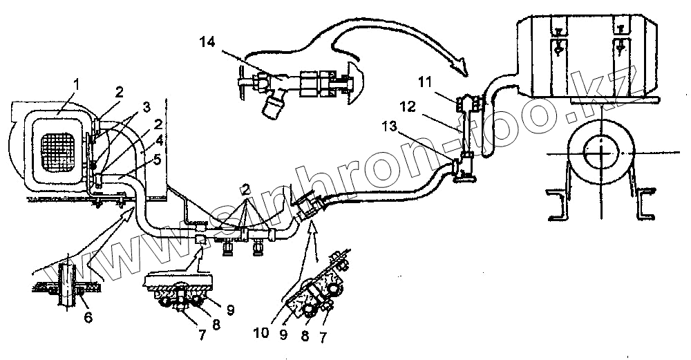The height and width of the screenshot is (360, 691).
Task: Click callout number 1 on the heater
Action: click(77, 84)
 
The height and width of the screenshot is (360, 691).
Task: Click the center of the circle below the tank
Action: click(601, 151)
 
